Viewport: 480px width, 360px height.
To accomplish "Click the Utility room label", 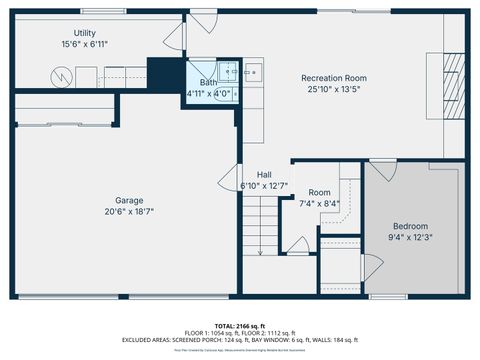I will click(x=84, y=33).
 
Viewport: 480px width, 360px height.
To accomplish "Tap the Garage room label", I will click(x=129, y=200).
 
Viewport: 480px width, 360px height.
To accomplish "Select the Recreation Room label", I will click(x=334, y=78).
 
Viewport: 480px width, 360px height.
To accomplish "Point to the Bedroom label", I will click(x=411, y=226).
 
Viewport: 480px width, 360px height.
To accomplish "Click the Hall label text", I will click(x=264, y=174).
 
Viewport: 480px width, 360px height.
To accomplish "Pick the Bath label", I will click(x=208, y=83).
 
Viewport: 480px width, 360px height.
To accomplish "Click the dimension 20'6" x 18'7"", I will click(x=129, y=211).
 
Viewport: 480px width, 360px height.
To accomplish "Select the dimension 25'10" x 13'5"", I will click(x=334, y=89).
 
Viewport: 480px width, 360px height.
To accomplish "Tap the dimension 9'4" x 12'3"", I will click(x=411, y=237).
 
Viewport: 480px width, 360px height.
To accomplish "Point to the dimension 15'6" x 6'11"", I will click(x=84, y=45).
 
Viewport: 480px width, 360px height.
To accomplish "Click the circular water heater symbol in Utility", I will click(x=59, y=76).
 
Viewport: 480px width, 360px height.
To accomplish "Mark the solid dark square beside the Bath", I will click(x=161, y=73).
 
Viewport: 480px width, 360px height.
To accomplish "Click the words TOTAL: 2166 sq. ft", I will click(x=240, y=325).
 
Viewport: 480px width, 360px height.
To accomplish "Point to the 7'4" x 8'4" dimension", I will click(x=319, y=203).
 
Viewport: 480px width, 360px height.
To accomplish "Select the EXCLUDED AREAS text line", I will click(x=240, y=340).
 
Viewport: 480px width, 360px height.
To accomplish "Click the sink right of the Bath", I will click(x=252, y=71).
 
